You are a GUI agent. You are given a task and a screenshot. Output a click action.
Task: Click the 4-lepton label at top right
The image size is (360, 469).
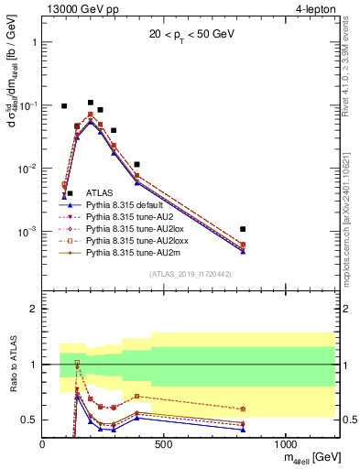click(312, 10)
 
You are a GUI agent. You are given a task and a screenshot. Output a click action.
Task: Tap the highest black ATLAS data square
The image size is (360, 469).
click(90, 103)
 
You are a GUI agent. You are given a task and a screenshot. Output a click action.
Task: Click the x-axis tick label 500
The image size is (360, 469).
click(163, 443)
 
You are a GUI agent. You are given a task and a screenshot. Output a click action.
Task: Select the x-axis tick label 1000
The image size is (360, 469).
click(285, 443)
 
